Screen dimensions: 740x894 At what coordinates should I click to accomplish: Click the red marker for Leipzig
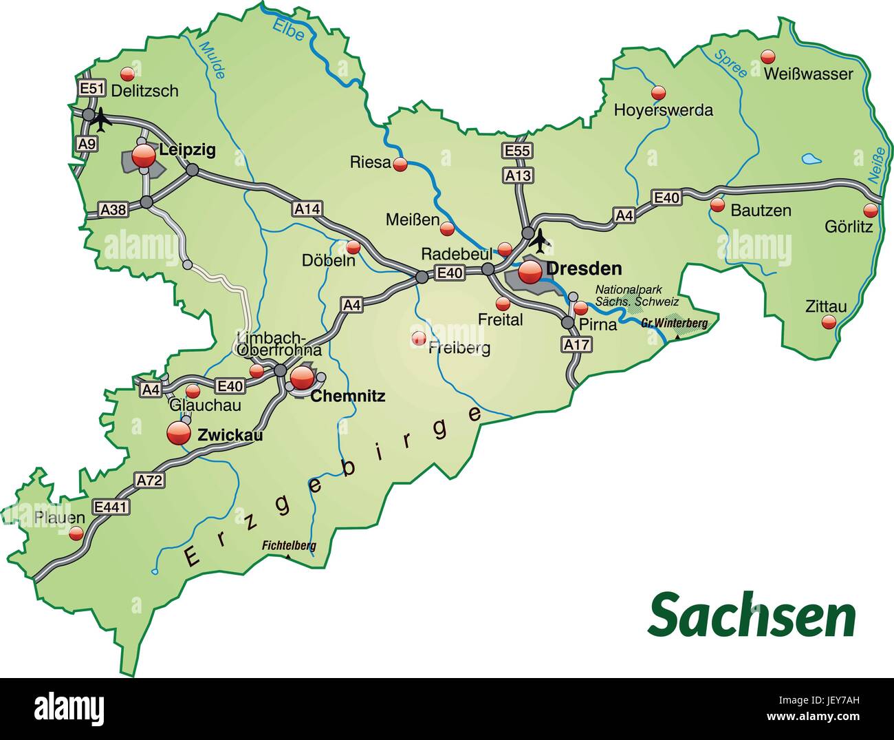(144, 156)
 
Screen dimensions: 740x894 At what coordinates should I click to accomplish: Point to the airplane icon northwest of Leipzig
(101, 120)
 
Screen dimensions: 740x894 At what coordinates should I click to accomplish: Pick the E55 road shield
(517, 150)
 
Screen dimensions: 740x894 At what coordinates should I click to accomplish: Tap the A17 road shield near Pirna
(576, 344)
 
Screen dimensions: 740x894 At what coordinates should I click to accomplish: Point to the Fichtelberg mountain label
(289, 546)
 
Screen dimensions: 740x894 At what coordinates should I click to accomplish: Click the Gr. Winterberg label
(665, 322)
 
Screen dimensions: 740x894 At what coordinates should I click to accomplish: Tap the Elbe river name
(288, 28)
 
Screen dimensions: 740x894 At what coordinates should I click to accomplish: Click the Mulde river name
(212, 59)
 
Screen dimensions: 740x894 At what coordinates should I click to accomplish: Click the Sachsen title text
(752, 615)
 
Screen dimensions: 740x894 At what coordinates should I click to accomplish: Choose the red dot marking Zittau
(830, 322)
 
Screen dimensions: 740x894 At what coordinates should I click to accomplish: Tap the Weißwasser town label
(808, 74)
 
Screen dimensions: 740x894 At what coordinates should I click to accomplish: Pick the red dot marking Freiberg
(418, 338)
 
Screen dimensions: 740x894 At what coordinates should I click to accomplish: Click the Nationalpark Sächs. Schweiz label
(637, 295)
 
